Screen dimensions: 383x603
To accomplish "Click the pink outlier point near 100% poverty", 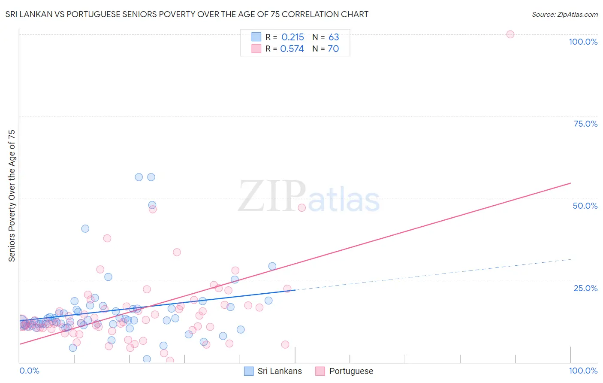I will [510, 34].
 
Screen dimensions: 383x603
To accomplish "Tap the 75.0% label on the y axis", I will [585, 124].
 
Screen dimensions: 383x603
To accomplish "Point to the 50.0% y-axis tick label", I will [585, 206].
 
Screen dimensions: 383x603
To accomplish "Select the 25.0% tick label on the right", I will [585, 288].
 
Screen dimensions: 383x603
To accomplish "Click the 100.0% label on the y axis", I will [583, 42].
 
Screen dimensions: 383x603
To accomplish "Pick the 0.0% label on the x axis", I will [29, 371].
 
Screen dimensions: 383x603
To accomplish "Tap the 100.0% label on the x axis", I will [583, 371].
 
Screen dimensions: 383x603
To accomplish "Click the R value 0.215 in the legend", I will [292, 37].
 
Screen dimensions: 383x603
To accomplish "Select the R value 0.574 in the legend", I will [292, 49].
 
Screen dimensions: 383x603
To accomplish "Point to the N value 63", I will [334, 37].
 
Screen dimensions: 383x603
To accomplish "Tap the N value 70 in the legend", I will [333, 49].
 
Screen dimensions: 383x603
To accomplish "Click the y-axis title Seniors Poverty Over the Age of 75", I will [12, 195].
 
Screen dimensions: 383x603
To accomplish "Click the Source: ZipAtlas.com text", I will [564, 15].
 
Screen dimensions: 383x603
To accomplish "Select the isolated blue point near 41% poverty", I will [85, 229].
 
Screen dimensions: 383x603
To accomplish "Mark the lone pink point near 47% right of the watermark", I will [301, 208].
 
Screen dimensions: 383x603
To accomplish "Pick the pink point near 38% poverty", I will [107, 238].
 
